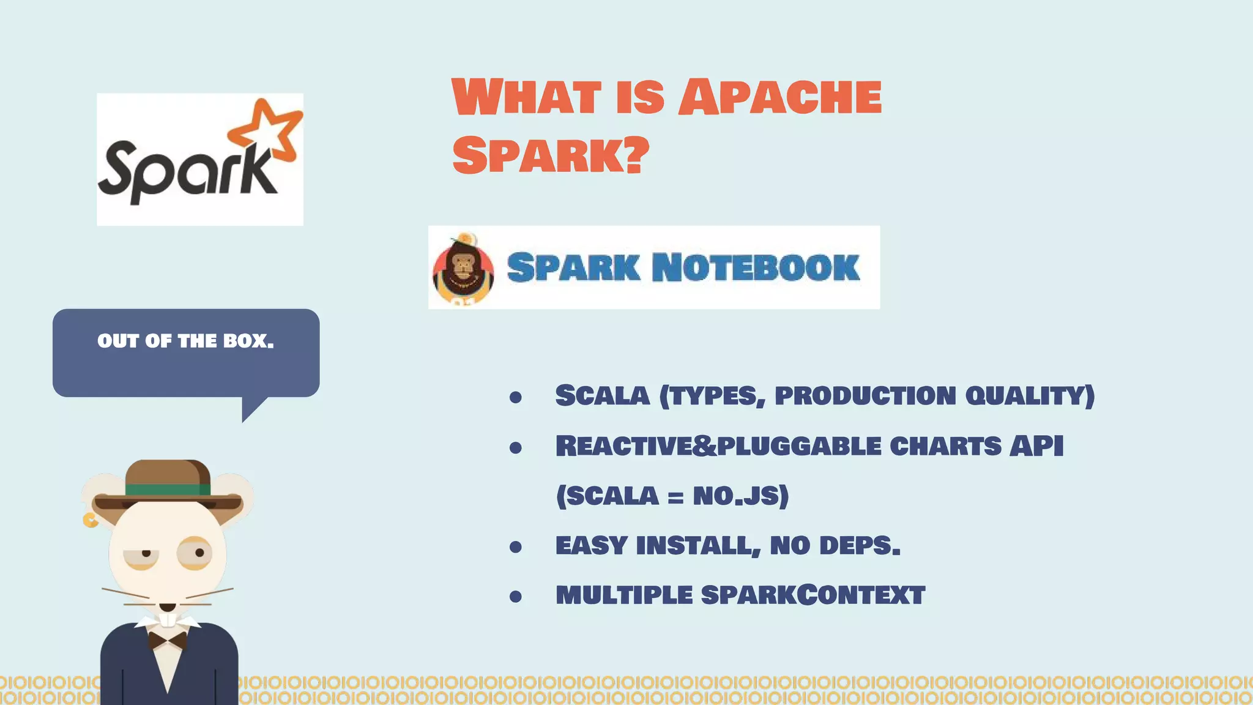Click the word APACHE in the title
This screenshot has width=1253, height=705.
(x=780, y=97)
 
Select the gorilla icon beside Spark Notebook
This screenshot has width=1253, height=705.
(x=463, y=269)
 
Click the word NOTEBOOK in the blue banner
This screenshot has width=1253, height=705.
(x=756, y=267)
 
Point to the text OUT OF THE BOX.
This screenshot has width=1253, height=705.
(x=185, y=341)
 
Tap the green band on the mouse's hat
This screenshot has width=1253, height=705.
(x=168, y=490)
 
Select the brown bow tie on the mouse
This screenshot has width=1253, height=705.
(x=167, y=641)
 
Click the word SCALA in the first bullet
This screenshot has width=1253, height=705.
(x=602, y=396)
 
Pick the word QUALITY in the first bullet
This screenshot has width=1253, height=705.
(x=1029, y=396)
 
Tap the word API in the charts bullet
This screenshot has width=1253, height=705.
(x=1036, y=446)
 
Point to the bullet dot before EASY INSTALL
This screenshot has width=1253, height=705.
(x=516, y=546)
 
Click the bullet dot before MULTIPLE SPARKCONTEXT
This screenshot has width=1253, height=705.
(x=516, y=597)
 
